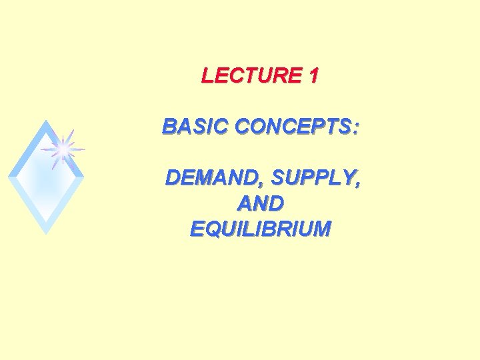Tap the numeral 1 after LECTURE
coord(313,76)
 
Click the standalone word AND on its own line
coord(260,203)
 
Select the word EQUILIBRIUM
coord(260,229)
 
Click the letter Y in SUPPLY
coord(350,178)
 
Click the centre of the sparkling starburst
coord(63,149)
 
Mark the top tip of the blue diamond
coord(45,121)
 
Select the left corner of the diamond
coord(9,177)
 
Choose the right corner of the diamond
coord(83,177)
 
